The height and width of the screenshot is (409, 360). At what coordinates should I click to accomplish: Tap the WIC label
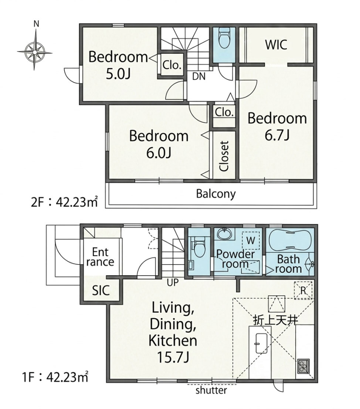276,45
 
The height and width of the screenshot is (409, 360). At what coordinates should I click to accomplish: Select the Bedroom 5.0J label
118,66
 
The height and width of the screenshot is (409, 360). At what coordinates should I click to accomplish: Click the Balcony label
216,194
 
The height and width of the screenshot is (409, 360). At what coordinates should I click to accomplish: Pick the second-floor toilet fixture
224,39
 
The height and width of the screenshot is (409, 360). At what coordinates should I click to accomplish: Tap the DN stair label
199,76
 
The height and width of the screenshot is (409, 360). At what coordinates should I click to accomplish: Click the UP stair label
172,282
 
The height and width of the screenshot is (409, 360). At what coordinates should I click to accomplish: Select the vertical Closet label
224,156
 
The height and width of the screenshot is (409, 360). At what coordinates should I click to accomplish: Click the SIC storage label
101,290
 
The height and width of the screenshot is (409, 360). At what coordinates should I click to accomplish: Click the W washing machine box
251,240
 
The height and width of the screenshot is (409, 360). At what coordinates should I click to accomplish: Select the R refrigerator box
303,290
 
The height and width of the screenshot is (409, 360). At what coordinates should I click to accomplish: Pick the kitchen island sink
261,343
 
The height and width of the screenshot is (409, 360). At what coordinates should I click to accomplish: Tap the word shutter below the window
211,391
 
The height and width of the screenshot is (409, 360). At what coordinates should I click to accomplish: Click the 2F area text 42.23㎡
77,202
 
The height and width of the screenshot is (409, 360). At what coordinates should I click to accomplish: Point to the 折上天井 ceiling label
276,320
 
